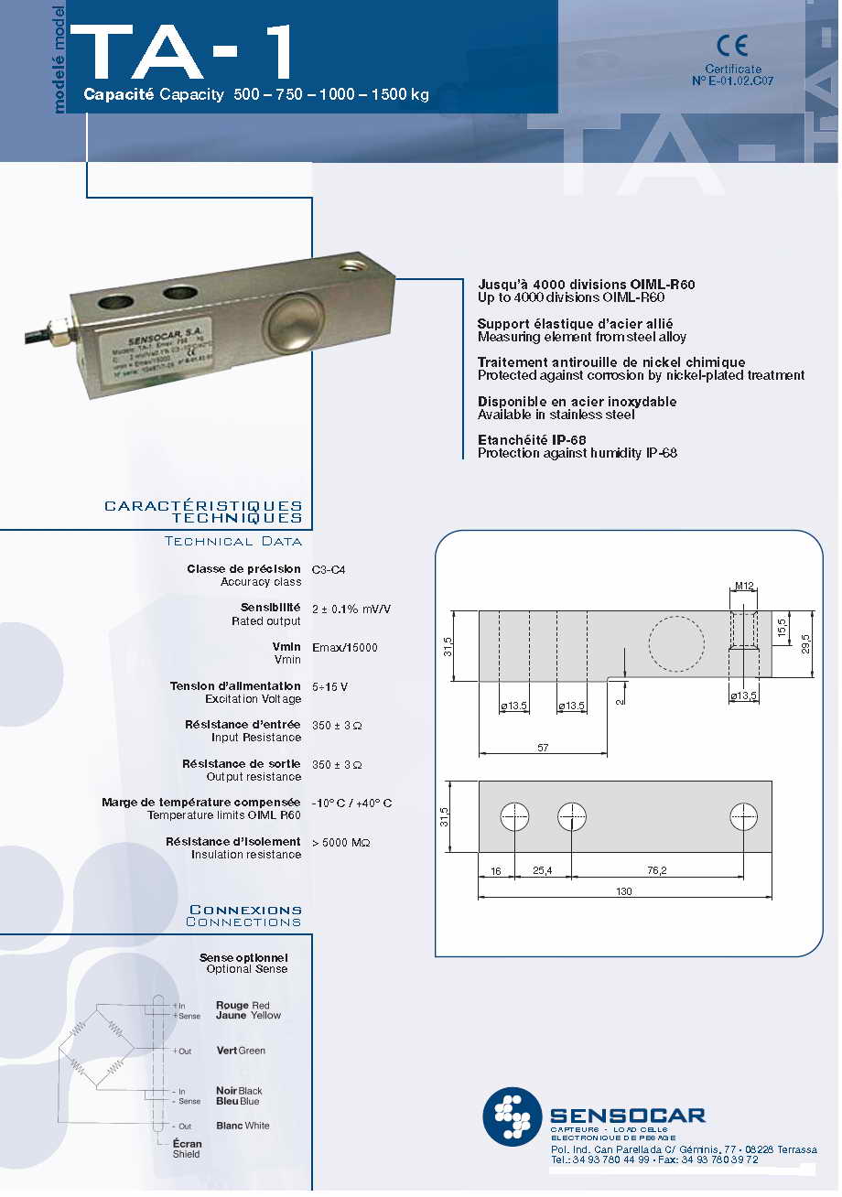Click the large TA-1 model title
coord(183,53)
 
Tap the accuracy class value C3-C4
coord(329,569)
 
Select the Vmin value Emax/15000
coord(345,648)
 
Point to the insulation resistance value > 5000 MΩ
coord(341,842)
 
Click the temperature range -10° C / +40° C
coord(351,803)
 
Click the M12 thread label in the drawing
coord(743,587)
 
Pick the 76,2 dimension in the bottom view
coord(656,871)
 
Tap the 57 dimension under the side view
coord(543,749)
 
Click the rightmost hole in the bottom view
coord(743,816)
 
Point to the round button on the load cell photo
coord(293,322)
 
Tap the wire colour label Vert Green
coord(241,1051)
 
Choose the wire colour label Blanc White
coord(243,1126)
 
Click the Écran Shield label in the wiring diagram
coord(187,1148)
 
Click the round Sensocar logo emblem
coord(513,1116)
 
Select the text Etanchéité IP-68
coord(532,440)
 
